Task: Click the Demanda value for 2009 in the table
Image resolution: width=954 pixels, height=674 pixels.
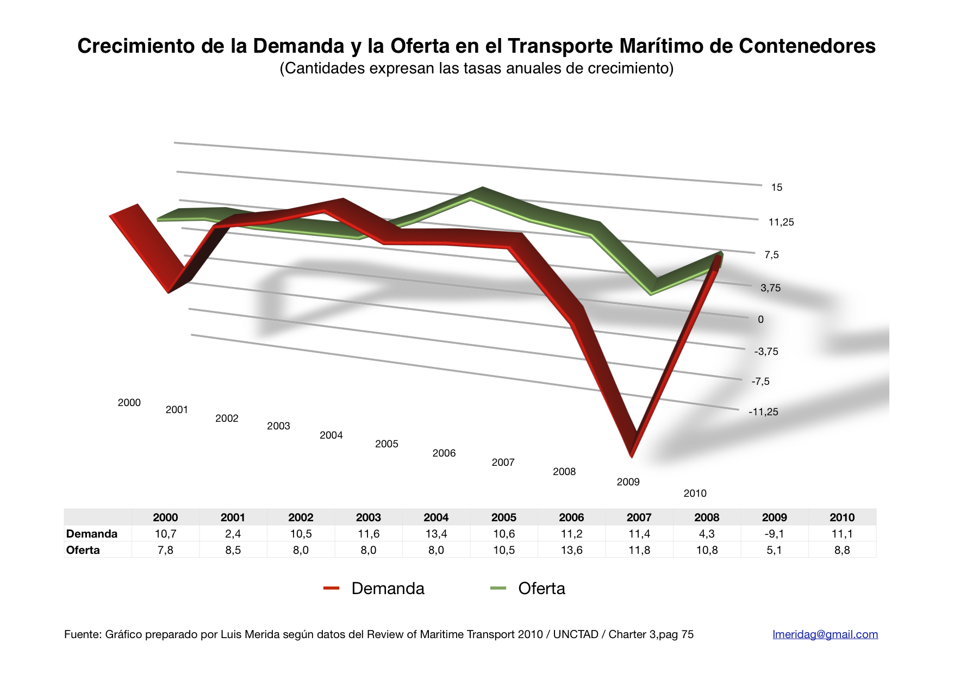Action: click(x=774, y=534)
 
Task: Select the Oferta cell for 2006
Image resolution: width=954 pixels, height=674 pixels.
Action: click(x=571, y=550)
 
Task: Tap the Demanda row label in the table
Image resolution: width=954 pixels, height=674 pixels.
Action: click(x=92, y=534)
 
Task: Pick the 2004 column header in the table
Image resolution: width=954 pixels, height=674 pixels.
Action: click(x=436, y=517)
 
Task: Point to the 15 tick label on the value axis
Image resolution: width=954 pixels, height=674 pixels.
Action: click(x=776, y=188)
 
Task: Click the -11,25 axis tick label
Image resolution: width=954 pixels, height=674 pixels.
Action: click(x=763, y=412)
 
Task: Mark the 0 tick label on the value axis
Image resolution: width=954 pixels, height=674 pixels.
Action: click(x=760, y=320)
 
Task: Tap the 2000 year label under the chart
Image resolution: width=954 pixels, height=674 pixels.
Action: click(x=129, y=403)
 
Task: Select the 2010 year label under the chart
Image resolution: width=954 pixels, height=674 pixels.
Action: click(x=695, y=494)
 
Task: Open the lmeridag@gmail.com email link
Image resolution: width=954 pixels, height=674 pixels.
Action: click(x=825, y=634)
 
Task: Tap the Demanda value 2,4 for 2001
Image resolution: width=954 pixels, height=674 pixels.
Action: click(x=233, y=534)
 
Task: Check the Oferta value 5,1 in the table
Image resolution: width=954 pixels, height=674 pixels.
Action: click(x=774, y=550)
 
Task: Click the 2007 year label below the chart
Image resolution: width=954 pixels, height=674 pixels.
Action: click(x=503, y=463)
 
